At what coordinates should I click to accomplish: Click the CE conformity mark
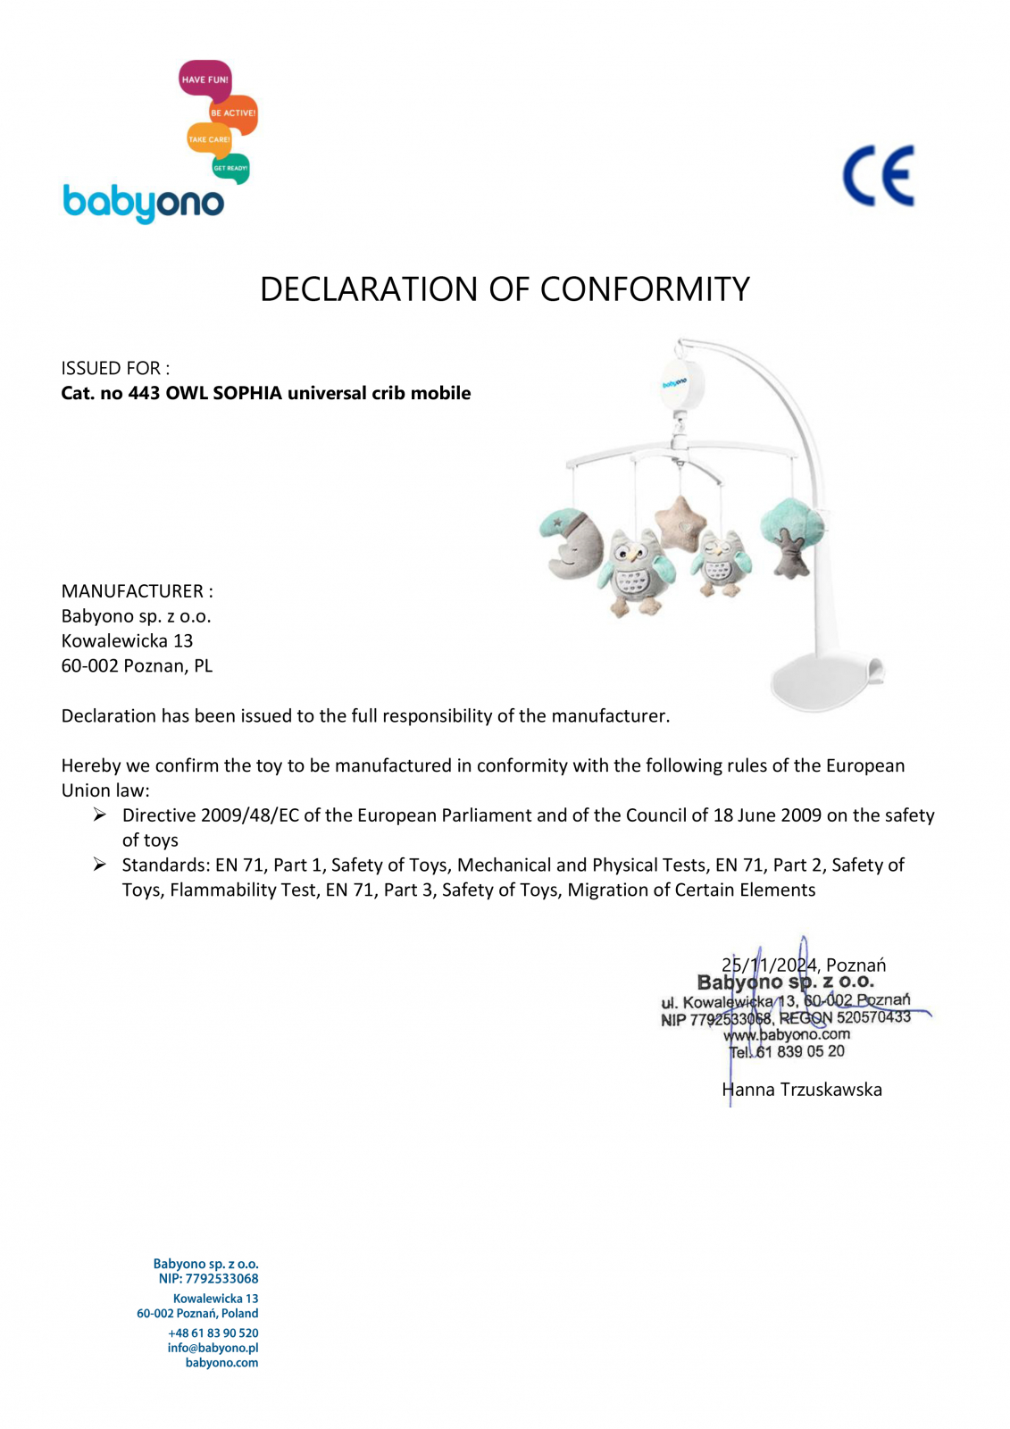879,176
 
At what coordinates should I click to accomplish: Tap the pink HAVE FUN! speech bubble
205,79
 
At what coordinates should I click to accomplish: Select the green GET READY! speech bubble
230,168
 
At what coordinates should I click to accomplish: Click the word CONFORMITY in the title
645,289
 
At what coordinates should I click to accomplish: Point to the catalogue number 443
144,393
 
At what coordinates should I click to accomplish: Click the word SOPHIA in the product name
247,393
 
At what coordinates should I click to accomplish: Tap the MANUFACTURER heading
133,591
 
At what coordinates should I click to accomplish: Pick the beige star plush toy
680,523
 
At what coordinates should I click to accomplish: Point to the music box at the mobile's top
683,382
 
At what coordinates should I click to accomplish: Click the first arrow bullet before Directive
100,815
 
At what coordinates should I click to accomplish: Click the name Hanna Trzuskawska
802,1090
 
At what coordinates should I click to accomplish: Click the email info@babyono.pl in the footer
213,1348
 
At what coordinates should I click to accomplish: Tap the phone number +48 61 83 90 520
213,1333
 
